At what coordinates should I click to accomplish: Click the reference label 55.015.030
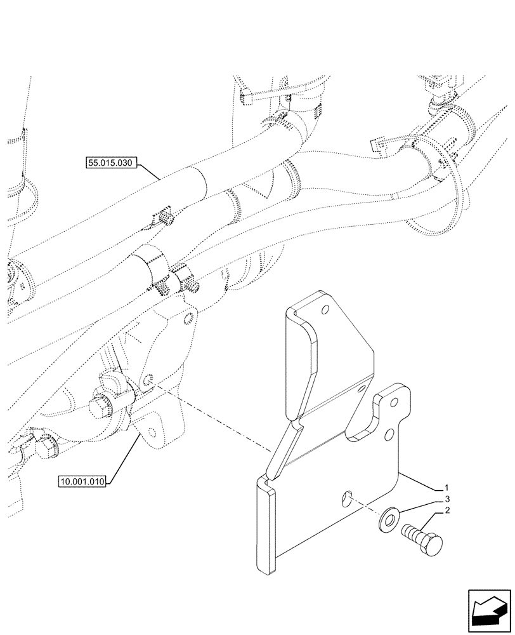[110, 163]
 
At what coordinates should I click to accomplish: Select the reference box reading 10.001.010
[84, 482]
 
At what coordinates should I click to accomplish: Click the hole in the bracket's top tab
[325, 310]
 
